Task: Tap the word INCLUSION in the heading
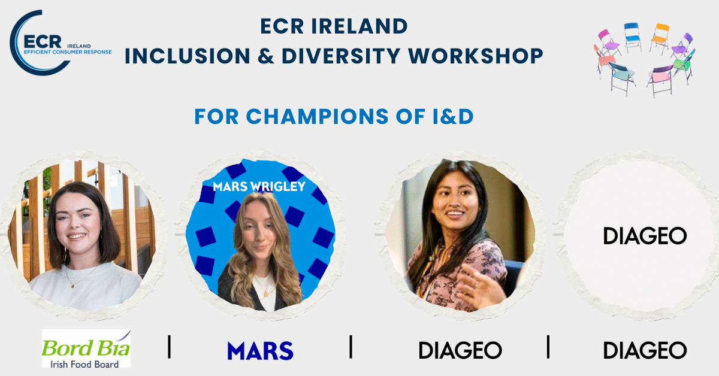click(188, 56)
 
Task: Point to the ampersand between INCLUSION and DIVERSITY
click(266, 56)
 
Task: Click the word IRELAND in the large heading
click(359, 26)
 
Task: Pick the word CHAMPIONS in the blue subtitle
click(317, 116)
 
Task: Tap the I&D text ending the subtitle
click(452, 116)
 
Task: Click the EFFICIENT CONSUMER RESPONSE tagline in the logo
click(68, 52)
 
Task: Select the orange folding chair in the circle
click(660, 37)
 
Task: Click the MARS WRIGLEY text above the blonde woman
click(259, 186)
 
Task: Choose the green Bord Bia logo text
click(86, 348)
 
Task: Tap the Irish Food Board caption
click(84, 365)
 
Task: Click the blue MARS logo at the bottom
click(260, 351)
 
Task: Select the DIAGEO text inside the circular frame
click(645, 236)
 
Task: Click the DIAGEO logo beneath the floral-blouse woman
click(460, 350)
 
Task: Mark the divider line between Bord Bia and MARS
click(169, 347)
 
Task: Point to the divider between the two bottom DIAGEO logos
click(548, 347)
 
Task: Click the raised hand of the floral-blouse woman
click(478, 286)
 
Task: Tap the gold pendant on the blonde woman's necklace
click(266, 293)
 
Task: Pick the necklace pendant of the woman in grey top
click(72, 286)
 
